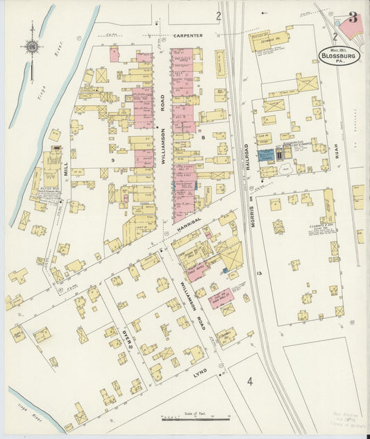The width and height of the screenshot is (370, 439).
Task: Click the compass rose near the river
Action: (x=32, y=47)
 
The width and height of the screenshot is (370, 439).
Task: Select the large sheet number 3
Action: (x=353, y=18)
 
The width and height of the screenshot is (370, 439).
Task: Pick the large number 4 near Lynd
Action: (x=249, y=381)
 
